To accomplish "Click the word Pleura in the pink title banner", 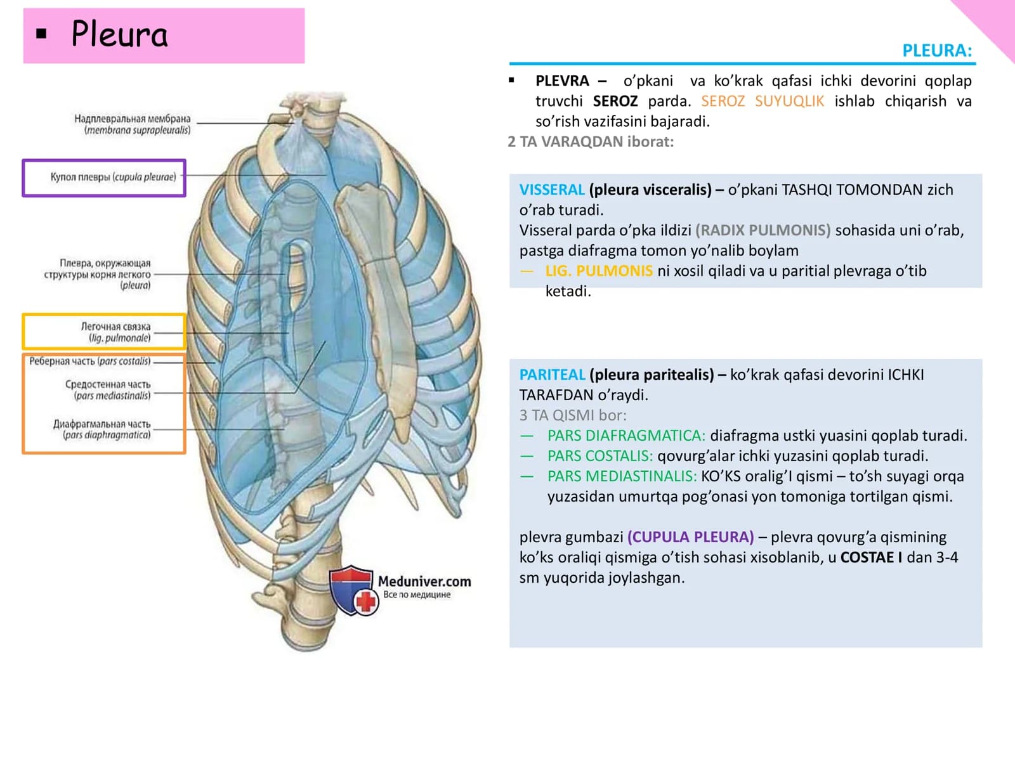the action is [119, 34].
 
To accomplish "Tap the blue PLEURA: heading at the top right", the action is [937, 50].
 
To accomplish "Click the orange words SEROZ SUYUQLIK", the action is [762, 101].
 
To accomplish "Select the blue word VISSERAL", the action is [552, 190].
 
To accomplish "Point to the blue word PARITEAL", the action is [552, 375].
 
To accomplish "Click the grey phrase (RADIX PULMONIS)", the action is [763, 230].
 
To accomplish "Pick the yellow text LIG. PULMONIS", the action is [599, 271].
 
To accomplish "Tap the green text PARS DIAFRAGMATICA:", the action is [626, 435].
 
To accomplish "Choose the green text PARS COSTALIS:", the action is [599, 455].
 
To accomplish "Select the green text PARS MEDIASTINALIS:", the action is [622, 476].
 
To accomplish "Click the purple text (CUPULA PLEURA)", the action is [690, 537].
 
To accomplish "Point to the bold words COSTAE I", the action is [871, 557].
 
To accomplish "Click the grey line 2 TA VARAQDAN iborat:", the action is [591, 142].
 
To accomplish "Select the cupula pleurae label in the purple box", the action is [114, 177].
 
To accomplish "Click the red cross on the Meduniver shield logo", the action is [366, 602].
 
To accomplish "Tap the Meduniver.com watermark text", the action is [424, 582].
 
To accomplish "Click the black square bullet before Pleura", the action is [42, 34].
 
